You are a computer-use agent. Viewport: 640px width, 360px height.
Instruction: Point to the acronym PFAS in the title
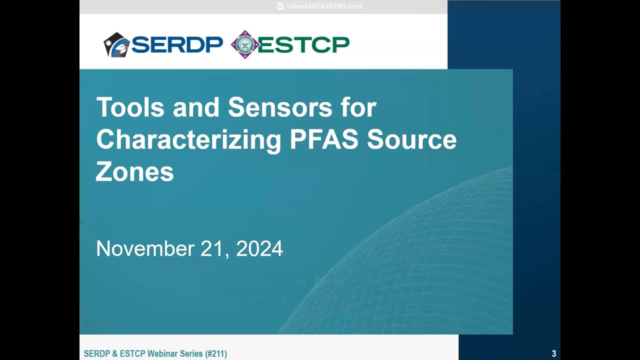click(324, 140)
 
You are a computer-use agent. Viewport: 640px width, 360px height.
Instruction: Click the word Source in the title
click(411, 140)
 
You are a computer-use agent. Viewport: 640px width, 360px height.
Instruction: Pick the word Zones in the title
click(134, 172)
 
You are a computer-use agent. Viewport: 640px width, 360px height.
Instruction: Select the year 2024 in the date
click(259, 248)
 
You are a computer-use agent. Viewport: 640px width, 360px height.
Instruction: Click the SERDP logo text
click(177, 45)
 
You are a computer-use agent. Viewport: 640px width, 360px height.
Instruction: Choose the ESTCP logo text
click(303, 45)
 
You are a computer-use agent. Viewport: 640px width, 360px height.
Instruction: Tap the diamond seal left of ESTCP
click(244, 44)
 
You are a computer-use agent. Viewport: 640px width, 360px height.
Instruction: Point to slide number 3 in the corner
click(554, 354)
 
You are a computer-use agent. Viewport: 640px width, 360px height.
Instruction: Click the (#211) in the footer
click(215, 354)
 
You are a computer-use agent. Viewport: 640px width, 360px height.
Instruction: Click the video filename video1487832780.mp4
click(324, 6)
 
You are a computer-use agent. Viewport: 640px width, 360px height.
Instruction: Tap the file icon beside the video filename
click(280, 6)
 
